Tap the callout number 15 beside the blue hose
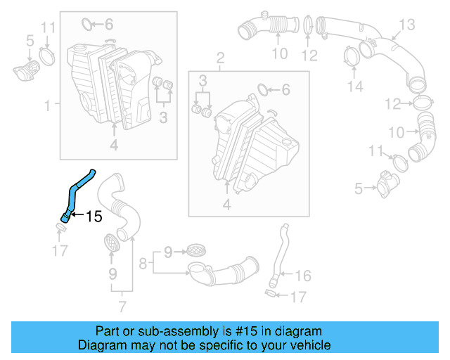pyautogui.click(x=94, y=217)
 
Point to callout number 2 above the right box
pyautogui.click(x=220, y=58)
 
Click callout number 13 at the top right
pyautogui.click(x=409, y=25)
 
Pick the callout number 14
pyautogui.click(x=356, y=86)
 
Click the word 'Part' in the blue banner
pyautogui.click(x=108, y=330)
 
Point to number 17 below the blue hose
pyautogui.click(x=60, y=250)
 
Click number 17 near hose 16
pyautogui.click(x=298, y=297)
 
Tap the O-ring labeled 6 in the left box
pyautogui.click(x=87, y=25)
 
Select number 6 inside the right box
pyautogui.click(x=285, y=89)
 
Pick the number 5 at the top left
pyautogui.click(x=30, y=41)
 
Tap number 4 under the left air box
pyautogui.click(x=114, y=146)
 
